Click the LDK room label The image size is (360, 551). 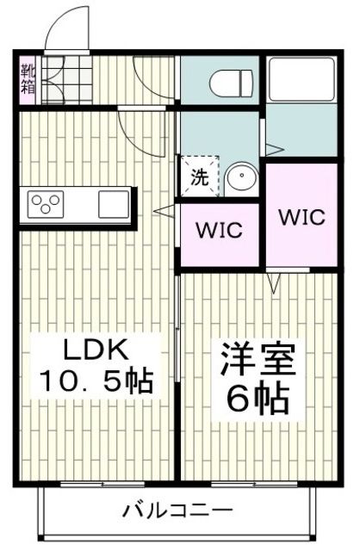point(84,351)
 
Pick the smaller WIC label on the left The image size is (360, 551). point(220,231)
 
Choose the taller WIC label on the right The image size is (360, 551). point(301,215)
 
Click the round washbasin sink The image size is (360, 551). point(241,178)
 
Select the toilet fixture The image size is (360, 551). point(230,80)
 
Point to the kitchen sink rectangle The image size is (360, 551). point(112,205)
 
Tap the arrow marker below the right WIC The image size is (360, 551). point(276,282)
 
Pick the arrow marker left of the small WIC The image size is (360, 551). point(161,209)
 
